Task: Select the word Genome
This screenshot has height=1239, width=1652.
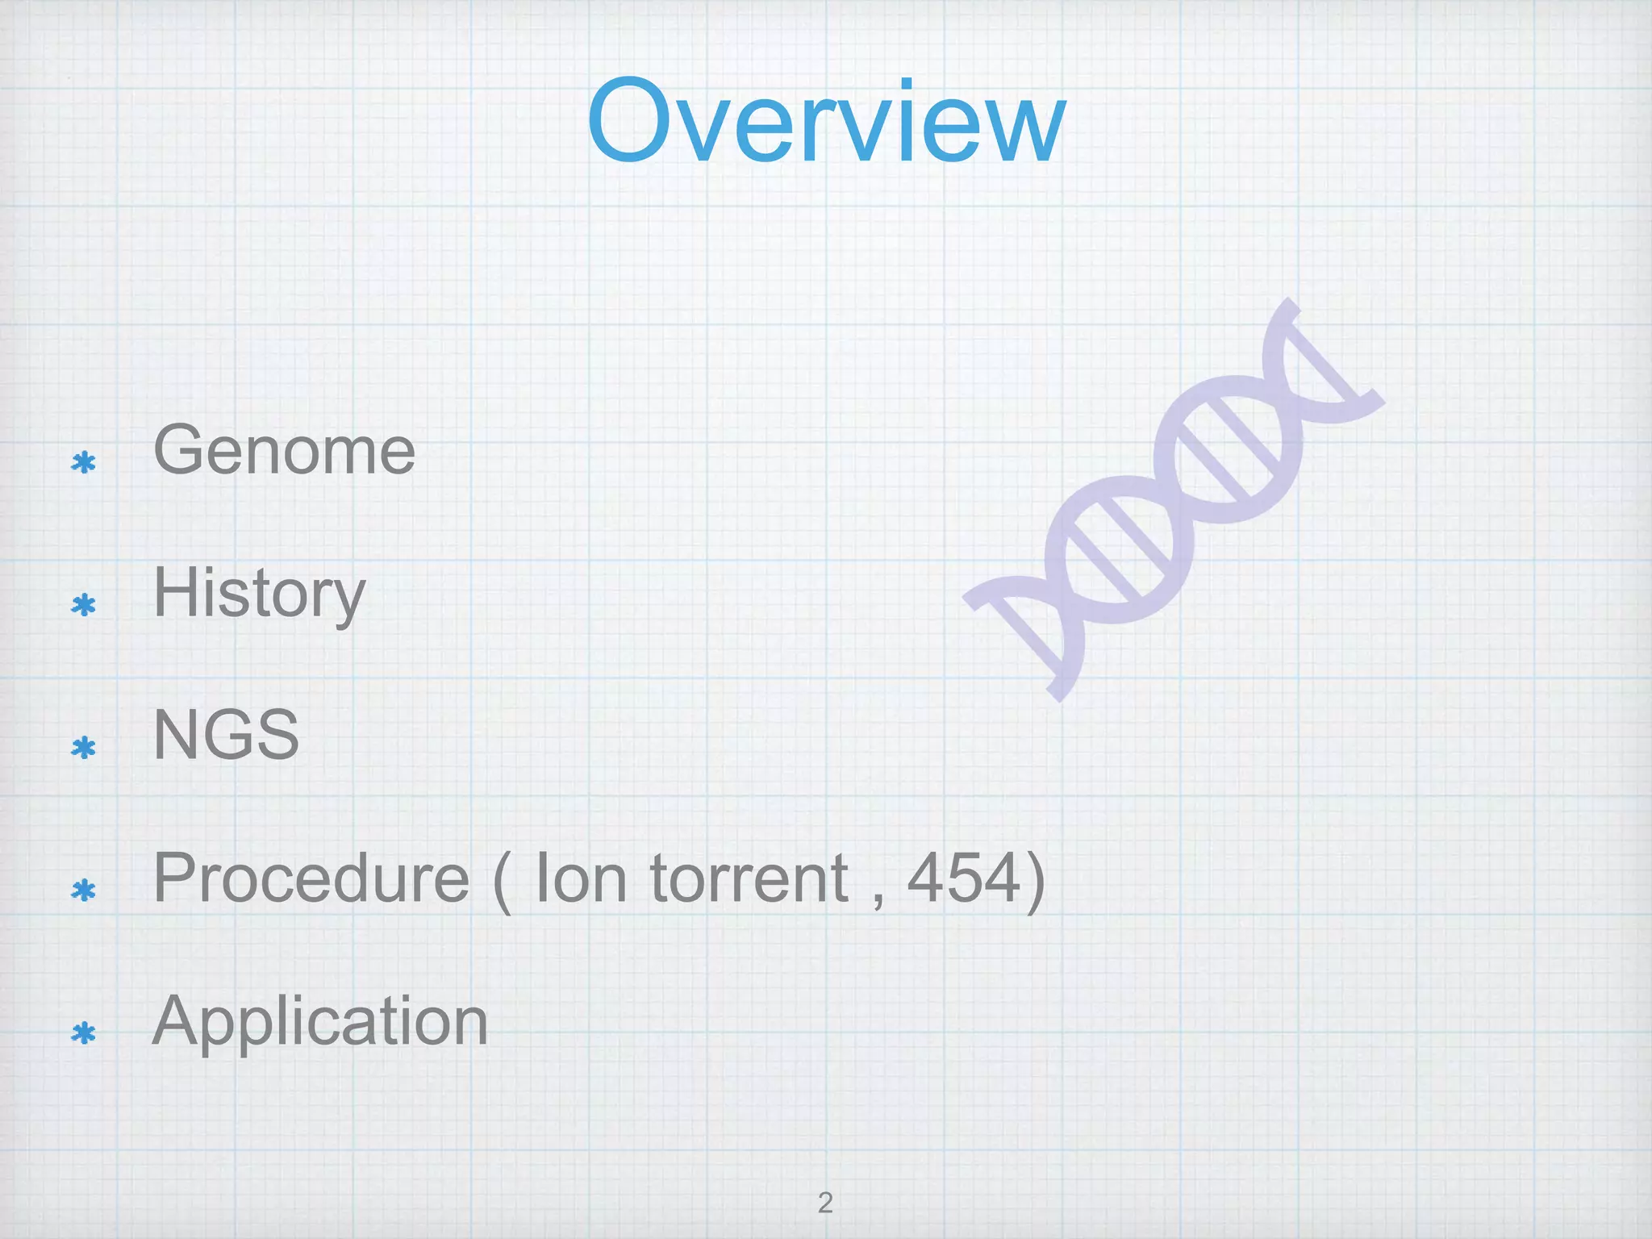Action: click(284, 450)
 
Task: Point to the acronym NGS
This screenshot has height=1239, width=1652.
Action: click(226, 735)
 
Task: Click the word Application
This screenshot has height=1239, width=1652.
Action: click(320, 1021)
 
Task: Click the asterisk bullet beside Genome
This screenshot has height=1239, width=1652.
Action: click(83, 462)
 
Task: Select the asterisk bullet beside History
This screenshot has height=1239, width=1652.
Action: click(83, 605)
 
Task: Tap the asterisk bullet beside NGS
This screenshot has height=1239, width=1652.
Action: click(83, 748)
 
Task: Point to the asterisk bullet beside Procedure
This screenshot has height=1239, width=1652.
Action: click(83, 891)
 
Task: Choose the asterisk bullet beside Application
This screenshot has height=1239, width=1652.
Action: click(83, 1033)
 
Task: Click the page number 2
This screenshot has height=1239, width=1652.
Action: click(825, 1203)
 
